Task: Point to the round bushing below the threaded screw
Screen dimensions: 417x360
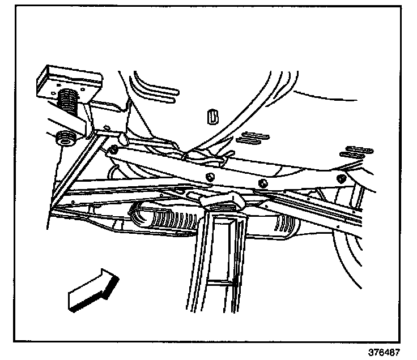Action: tap(63, 138)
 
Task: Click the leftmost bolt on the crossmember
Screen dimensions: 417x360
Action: tap(113, 149)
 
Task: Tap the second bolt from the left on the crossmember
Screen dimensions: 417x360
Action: tap(210, 177)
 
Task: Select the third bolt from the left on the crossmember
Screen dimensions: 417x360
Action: tap(262, 183)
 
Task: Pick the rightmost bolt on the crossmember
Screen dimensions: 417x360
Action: tap(341, 178)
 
